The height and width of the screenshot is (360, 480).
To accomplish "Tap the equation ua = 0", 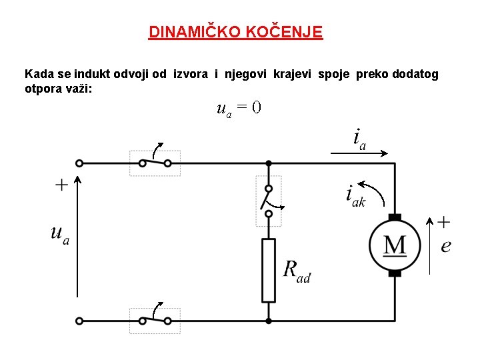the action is [238, 108].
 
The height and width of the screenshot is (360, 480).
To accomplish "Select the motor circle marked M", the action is [395, 245].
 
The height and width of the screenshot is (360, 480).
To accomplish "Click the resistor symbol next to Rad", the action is [268, 270].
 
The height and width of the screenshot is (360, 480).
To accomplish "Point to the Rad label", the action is [297, 271].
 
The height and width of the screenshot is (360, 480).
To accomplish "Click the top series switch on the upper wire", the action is [155, 162].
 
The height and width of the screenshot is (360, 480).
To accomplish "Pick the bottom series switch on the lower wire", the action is [155, 321].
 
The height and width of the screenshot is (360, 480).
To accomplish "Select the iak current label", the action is [355, 196].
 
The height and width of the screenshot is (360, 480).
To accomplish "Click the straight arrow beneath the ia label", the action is [360, 153].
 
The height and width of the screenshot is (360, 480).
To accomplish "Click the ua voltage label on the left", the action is [59, 235].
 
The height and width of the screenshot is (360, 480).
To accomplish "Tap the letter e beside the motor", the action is [446, 246].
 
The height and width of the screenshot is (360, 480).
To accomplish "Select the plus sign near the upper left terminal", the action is [61, 185].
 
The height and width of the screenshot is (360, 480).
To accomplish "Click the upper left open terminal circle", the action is [79, 163].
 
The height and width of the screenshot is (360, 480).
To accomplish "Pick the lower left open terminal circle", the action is [79, 321].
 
